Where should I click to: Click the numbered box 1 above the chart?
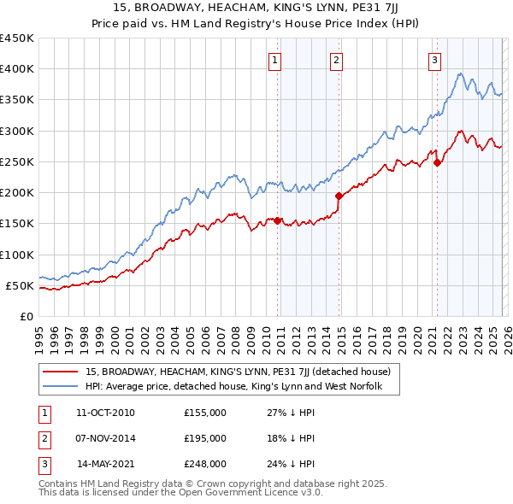[x=275, y=60]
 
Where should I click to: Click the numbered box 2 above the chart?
[x=337, y=60]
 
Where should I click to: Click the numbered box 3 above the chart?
[x=434, y=60]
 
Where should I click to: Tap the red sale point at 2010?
[x=278, y=220]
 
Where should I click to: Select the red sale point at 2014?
[x=339, y=196]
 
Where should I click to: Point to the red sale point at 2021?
[x=437, y=162]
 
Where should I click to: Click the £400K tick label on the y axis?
[x=16, y=69]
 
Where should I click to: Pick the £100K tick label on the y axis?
[x=16, y=255]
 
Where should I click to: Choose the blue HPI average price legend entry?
[x=240, y=387]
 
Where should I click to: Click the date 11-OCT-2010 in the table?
[x=105, y=413]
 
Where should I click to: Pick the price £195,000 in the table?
[x=205, y=438]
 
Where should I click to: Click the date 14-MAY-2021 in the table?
[x=105, y=464]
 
